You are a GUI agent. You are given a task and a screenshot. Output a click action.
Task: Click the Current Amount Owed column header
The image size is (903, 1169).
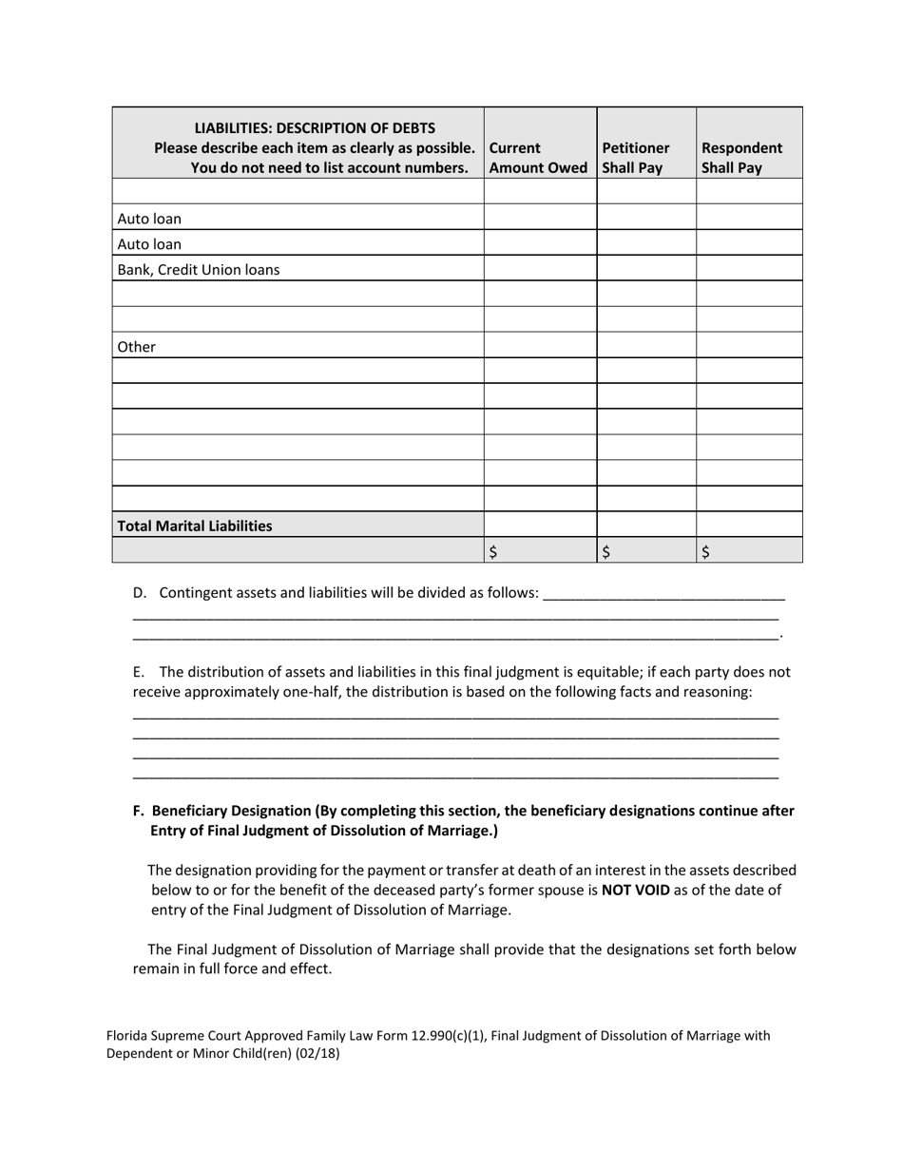[538, 158]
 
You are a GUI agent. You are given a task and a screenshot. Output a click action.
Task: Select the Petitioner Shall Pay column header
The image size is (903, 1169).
[636, 158]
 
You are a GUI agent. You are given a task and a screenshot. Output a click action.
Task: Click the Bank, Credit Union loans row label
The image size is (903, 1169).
[199, 269]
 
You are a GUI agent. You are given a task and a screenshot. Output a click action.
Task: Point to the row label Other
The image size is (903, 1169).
[137, 347]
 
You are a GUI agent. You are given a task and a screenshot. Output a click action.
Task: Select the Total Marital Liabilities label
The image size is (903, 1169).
[195, 526]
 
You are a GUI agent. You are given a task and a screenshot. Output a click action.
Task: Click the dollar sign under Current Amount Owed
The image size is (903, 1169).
[492, 551]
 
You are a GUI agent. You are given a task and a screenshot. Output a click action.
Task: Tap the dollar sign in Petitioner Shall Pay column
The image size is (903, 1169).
[605, 551]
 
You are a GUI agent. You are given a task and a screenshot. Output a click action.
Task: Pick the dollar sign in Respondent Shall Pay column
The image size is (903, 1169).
[705, 551]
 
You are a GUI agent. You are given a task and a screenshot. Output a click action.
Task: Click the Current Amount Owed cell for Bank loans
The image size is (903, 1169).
[540, 269]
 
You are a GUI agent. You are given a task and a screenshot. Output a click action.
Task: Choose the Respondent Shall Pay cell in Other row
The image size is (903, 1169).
[749, 346]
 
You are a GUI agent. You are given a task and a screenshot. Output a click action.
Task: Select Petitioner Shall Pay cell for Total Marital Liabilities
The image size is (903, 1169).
[646, 525]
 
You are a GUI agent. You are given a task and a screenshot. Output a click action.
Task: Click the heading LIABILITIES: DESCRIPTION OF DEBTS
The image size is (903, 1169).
[315, 127]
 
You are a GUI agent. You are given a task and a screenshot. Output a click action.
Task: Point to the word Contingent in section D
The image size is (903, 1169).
[195, 593]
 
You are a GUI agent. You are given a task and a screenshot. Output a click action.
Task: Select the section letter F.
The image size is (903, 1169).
[139, 811]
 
